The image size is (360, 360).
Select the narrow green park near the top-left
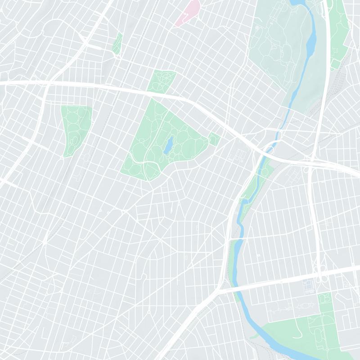click(x=117, y=43)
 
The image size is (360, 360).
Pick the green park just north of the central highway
click(x=162, y=81)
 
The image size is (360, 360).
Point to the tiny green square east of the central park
click(x=214, y=139)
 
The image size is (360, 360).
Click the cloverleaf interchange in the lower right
click(x=322, y=274)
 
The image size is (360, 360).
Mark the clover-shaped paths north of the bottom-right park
click(x=324, y=299)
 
